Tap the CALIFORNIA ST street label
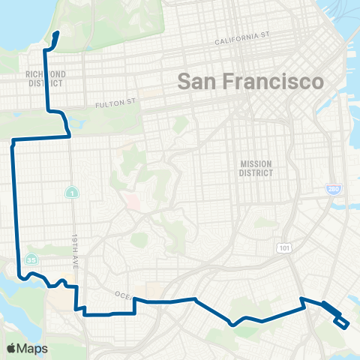coord(242,37)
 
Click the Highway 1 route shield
coord(70,193)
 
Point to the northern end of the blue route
coord(58,33)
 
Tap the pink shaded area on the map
coord(132,202)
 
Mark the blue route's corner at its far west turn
coord(13,141)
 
